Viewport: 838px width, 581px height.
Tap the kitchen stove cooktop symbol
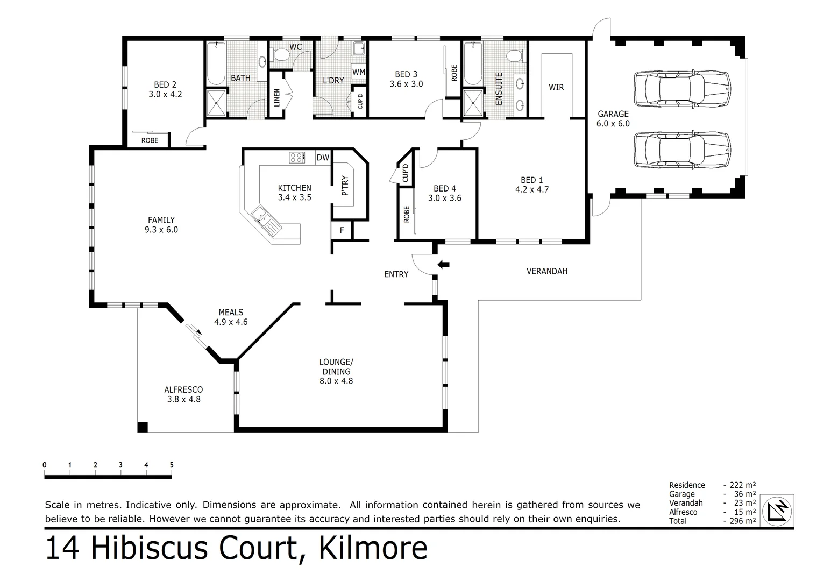(296, 157)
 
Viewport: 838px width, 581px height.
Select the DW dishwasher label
(322, 158)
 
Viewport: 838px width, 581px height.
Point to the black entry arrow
(444, 264)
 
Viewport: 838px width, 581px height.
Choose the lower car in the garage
(682, 150)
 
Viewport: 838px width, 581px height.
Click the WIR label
(556, 87)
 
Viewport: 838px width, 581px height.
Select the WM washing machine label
(359, 72)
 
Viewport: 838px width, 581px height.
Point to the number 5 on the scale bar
(172, 465)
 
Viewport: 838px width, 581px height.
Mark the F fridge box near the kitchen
(342, 230)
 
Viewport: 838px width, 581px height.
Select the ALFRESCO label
(183, 389)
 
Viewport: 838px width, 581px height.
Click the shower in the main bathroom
(217, 103)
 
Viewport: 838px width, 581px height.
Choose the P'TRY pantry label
(345, 186)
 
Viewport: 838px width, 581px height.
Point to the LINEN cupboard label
(277, 97)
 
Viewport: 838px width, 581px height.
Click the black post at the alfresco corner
(142, 427)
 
